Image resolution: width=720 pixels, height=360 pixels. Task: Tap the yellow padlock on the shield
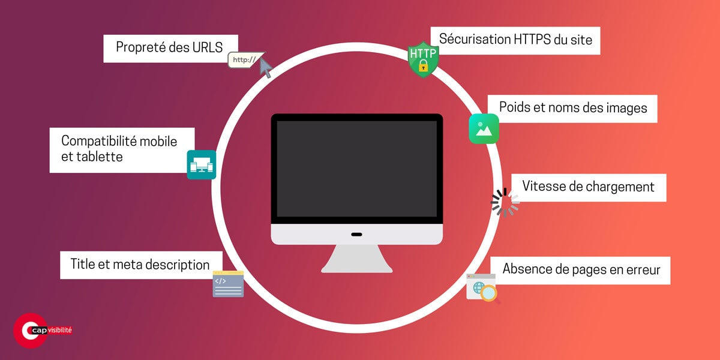(424, 66)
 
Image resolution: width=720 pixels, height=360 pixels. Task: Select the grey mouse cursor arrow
(265, 68)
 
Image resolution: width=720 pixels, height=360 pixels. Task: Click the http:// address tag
(244, 60)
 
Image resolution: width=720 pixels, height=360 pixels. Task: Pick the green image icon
(484, 128)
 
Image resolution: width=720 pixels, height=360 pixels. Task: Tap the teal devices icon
(201, 164)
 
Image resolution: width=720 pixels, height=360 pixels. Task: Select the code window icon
(228, 284)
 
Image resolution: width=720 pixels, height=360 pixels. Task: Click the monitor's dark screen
(356, 169)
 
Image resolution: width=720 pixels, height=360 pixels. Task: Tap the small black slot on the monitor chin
(356, 234)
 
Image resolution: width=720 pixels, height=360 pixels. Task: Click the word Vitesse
(544, 186)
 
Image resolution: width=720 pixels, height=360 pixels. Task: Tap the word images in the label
(628, 108)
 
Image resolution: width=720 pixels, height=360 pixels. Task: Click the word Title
(83, 264)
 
